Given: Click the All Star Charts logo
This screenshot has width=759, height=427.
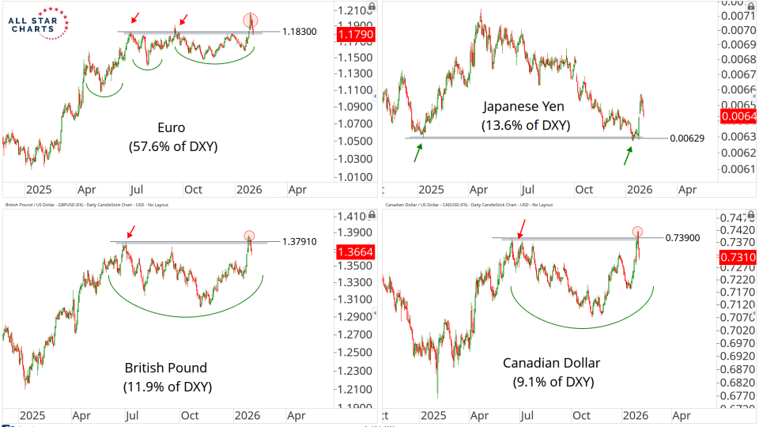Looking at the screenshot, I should (37, 23).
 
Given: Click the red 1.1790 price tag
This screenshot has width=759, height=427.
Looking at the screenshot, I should (349, 35).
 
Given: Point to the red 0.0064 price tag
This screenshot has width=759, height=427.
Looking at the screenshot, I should (738, 117).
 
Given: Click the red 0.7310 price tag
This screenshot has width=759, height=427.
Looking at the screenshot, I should (738, 257).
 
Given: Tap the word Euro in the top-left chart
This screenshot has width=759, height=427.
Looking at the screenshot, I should (172, 127).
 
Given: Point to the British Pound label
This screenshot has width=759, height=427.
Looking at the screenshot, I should (165, 368).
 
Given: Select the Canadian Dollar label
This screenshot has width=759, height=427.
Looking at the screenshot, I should (551, 364).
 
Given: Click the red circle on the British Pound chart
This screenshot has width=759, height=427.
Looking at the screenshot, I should (250, 236).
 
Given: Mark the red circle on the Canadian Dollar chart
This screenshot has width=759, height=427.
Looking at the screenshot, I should (637, 232).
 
